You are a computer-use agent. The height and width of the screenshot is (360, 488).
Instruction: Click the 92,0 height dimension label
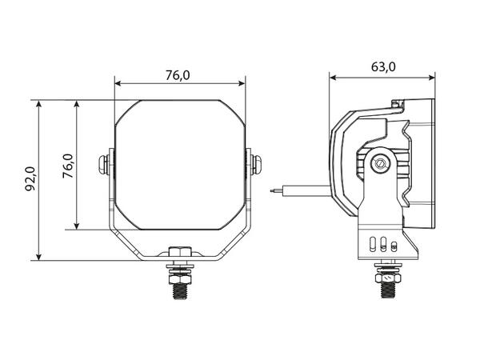pos(31,179)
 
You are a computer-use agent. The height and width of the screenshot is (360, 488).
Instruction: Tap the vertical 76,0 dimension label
pos(68,166)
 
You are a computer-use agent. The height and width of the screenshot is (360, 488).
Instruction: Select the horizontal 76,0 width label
pos(178,75)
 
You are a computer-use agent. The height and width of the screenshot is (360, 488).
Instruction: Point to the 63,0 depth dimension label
pos(383,67)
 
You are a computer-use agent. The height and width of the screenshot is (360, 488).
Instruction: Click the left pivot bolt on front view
pos(103,164)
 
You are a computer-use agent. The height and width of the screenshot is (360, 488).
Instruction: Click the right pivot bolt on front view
pos(257,164)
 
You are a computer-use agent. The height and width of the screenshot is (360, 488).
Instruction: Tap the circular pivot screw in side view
pos(380,162)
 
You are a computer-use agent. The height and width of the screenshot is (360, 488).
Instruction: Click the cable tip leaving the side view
pos(271,190)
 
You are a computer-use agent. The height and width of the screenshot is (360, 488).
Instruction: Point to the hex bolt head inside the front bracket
pos(180,251)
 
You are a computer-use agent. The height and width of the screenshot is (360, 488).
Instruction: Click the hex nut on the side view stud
pos(388,278)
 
